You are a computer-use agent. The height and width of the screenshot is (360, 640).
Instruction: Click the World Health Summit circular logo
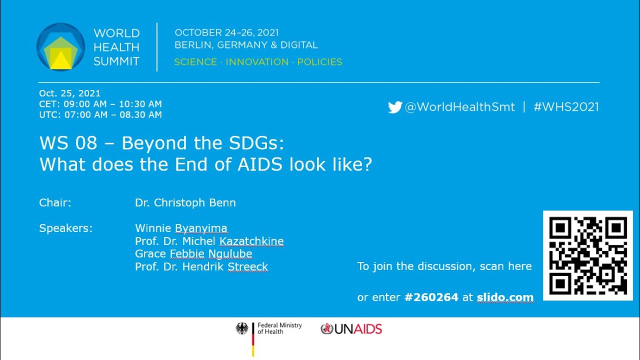click(x=61, y=47)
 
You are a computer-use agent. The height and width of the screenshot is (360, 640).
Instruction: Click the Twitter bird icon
click(x=395, y=107)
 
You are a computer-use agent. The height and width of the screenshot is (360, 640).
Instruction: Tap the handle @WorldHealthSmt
click(x=459, y=107)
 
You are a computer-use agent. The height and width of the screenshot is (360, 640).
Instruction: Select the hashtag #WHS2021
click(x=565, y=107)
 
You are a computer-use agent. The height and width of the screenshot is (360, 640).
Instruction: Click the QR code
click(x=587, y=255)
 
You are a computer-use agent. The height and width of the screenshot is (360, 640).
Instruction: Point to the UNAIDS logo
click(x=351, y=329)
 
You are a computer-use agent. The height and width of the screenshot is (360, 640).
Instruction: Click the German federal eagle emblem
click(x=242, y=328)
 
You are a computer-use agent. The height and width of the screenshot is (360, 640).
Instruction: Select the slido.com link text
click(x=505, y=297)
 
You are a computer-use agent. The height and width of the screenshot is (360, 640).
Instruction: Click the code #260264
click(x=431, y=297)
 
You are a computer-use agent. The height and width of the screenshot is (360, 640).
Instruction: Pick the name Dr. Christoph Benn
click(x=185, y=203)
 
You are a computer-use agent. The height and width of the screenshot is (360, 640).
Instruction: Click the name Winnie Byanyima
click(x=181, y=228)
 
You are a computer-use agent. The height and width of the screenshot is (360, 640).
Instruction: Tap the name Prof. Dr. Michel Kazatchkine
click(x=209, y=241)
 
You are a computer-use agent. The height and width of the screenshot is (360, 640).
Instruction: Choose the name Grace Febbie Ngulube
click(x=193, y=254)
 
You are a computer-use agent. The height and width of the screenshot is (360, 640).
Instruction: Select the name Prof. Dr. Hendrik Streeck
click(x=201, y=267)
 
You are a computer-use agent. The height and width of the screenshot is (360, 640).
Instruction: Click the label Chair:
click(x=55, y=203)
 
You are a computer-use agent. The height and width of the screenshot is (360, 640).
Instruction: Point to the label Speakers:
click(x=65, y=228)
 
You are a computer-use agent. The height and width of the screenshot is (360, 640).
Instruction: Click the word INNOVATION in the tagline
click(x=257, y=62)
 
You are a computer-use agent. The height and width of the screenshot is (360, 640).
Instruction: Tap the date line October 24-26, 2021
click(x=226, y=32)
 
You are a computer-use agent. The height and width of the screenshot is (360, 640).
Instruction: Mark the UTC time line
click(x=100, y=115)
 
